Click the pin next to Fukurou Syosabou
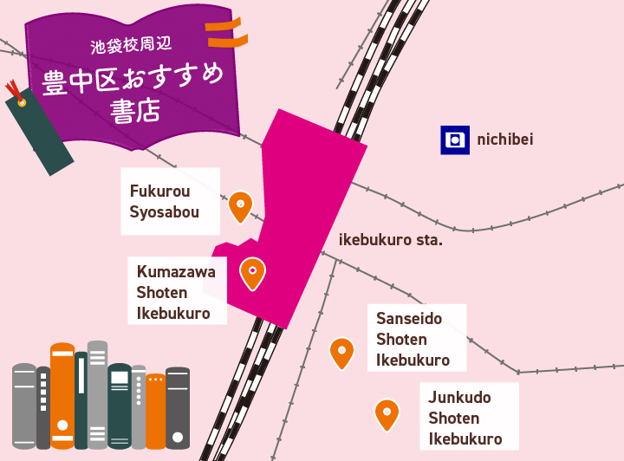point(240,206)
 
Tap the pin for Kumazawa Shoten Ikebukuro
point(252,273)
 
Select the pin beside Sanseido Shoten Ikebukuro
point(342,352)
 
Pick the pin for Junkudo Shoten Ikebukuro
point(387,413)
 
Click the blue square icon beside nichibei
point(455,140)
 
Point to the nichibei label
point(504,140)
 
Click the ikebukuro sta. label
point(390,239)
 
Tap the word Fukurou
point(160,191)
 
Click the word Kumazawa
point(176,271)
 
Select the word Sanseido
point(409,318)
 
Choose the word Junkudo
point(460,398)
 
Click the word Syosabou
point(165,212)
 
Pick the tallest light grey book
point(97,394)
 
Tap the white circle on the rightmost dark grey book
point(178,432)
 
